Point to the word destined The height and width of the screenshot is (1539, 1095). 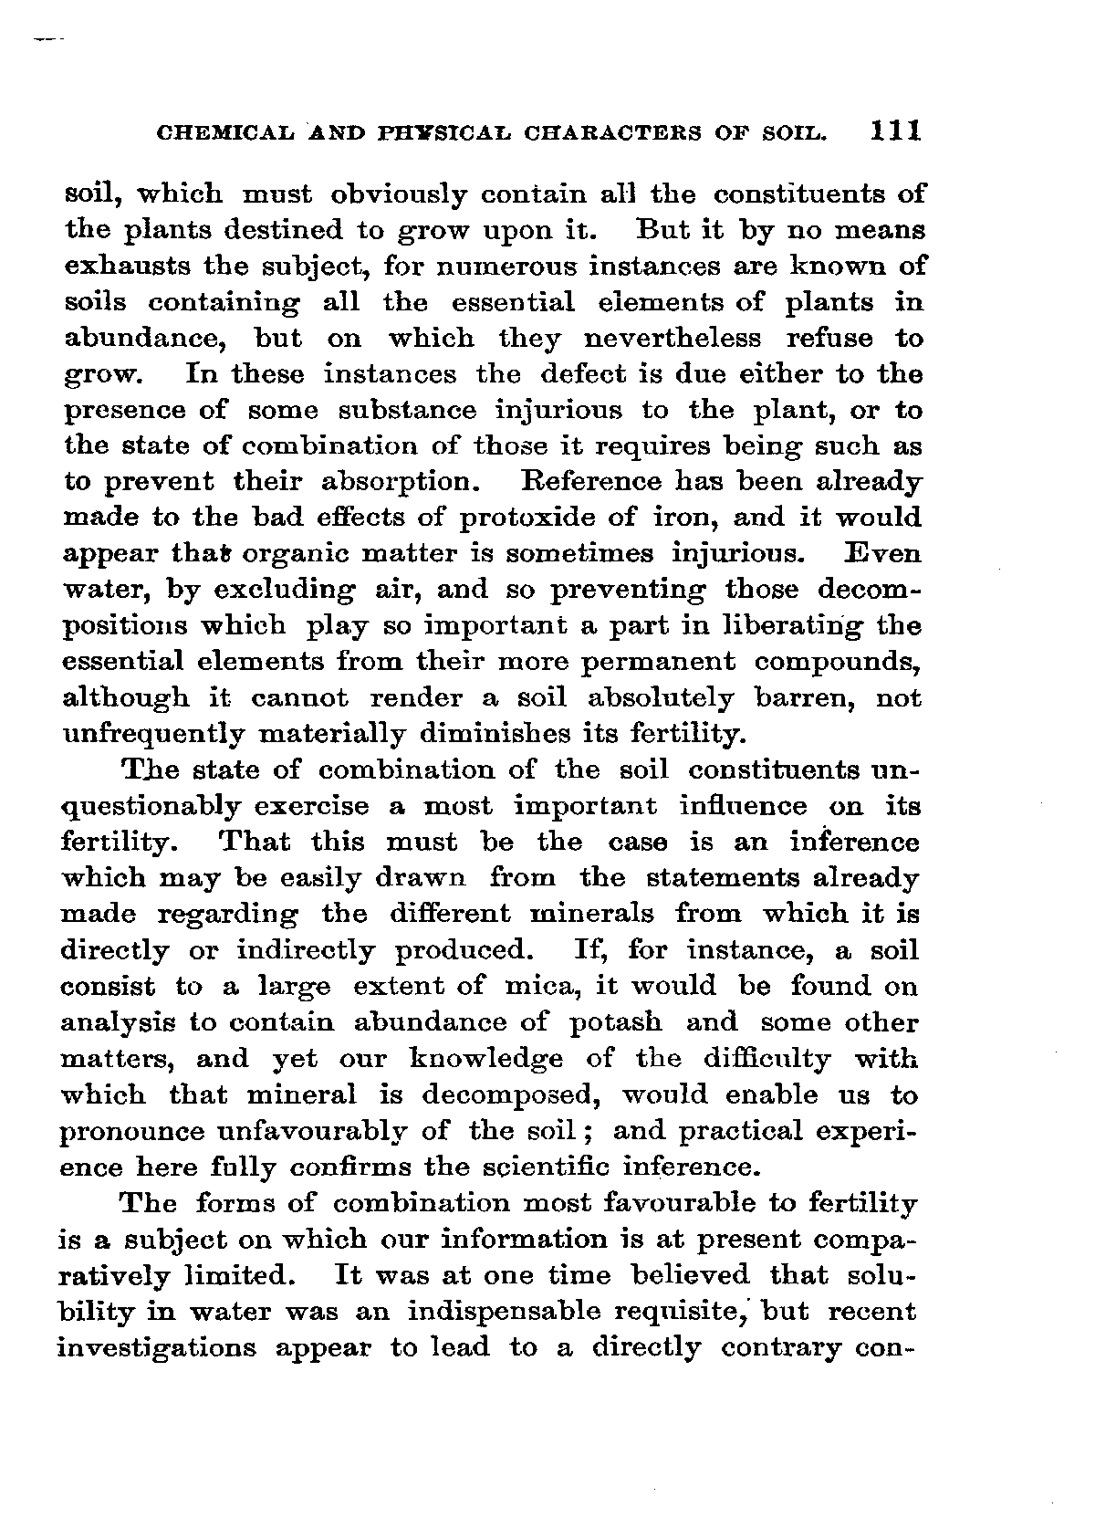(x=276, y=231)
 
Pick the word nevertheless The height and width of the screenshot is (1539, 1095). (x=672, y=339)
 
